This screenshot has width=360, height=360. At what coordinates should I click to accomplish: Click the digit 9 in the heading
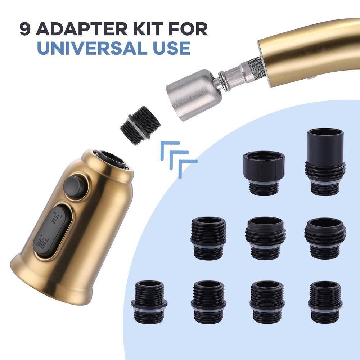coord(26,29)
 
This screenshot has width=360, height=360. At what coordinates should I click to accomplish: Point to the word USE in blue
coord(170,48)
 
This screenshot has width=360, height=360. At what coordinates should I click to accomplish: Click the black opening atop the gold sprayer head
coord(110,158)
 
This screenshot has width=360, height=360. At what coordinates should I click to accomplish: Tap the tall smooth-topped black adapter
coord(325,162)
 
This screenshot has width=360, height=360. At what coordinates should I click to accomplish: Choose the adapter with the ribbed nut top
coord(264,172)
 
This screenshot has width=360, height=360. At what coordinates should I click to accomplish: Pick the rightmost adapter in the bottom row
coord(325,301)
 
